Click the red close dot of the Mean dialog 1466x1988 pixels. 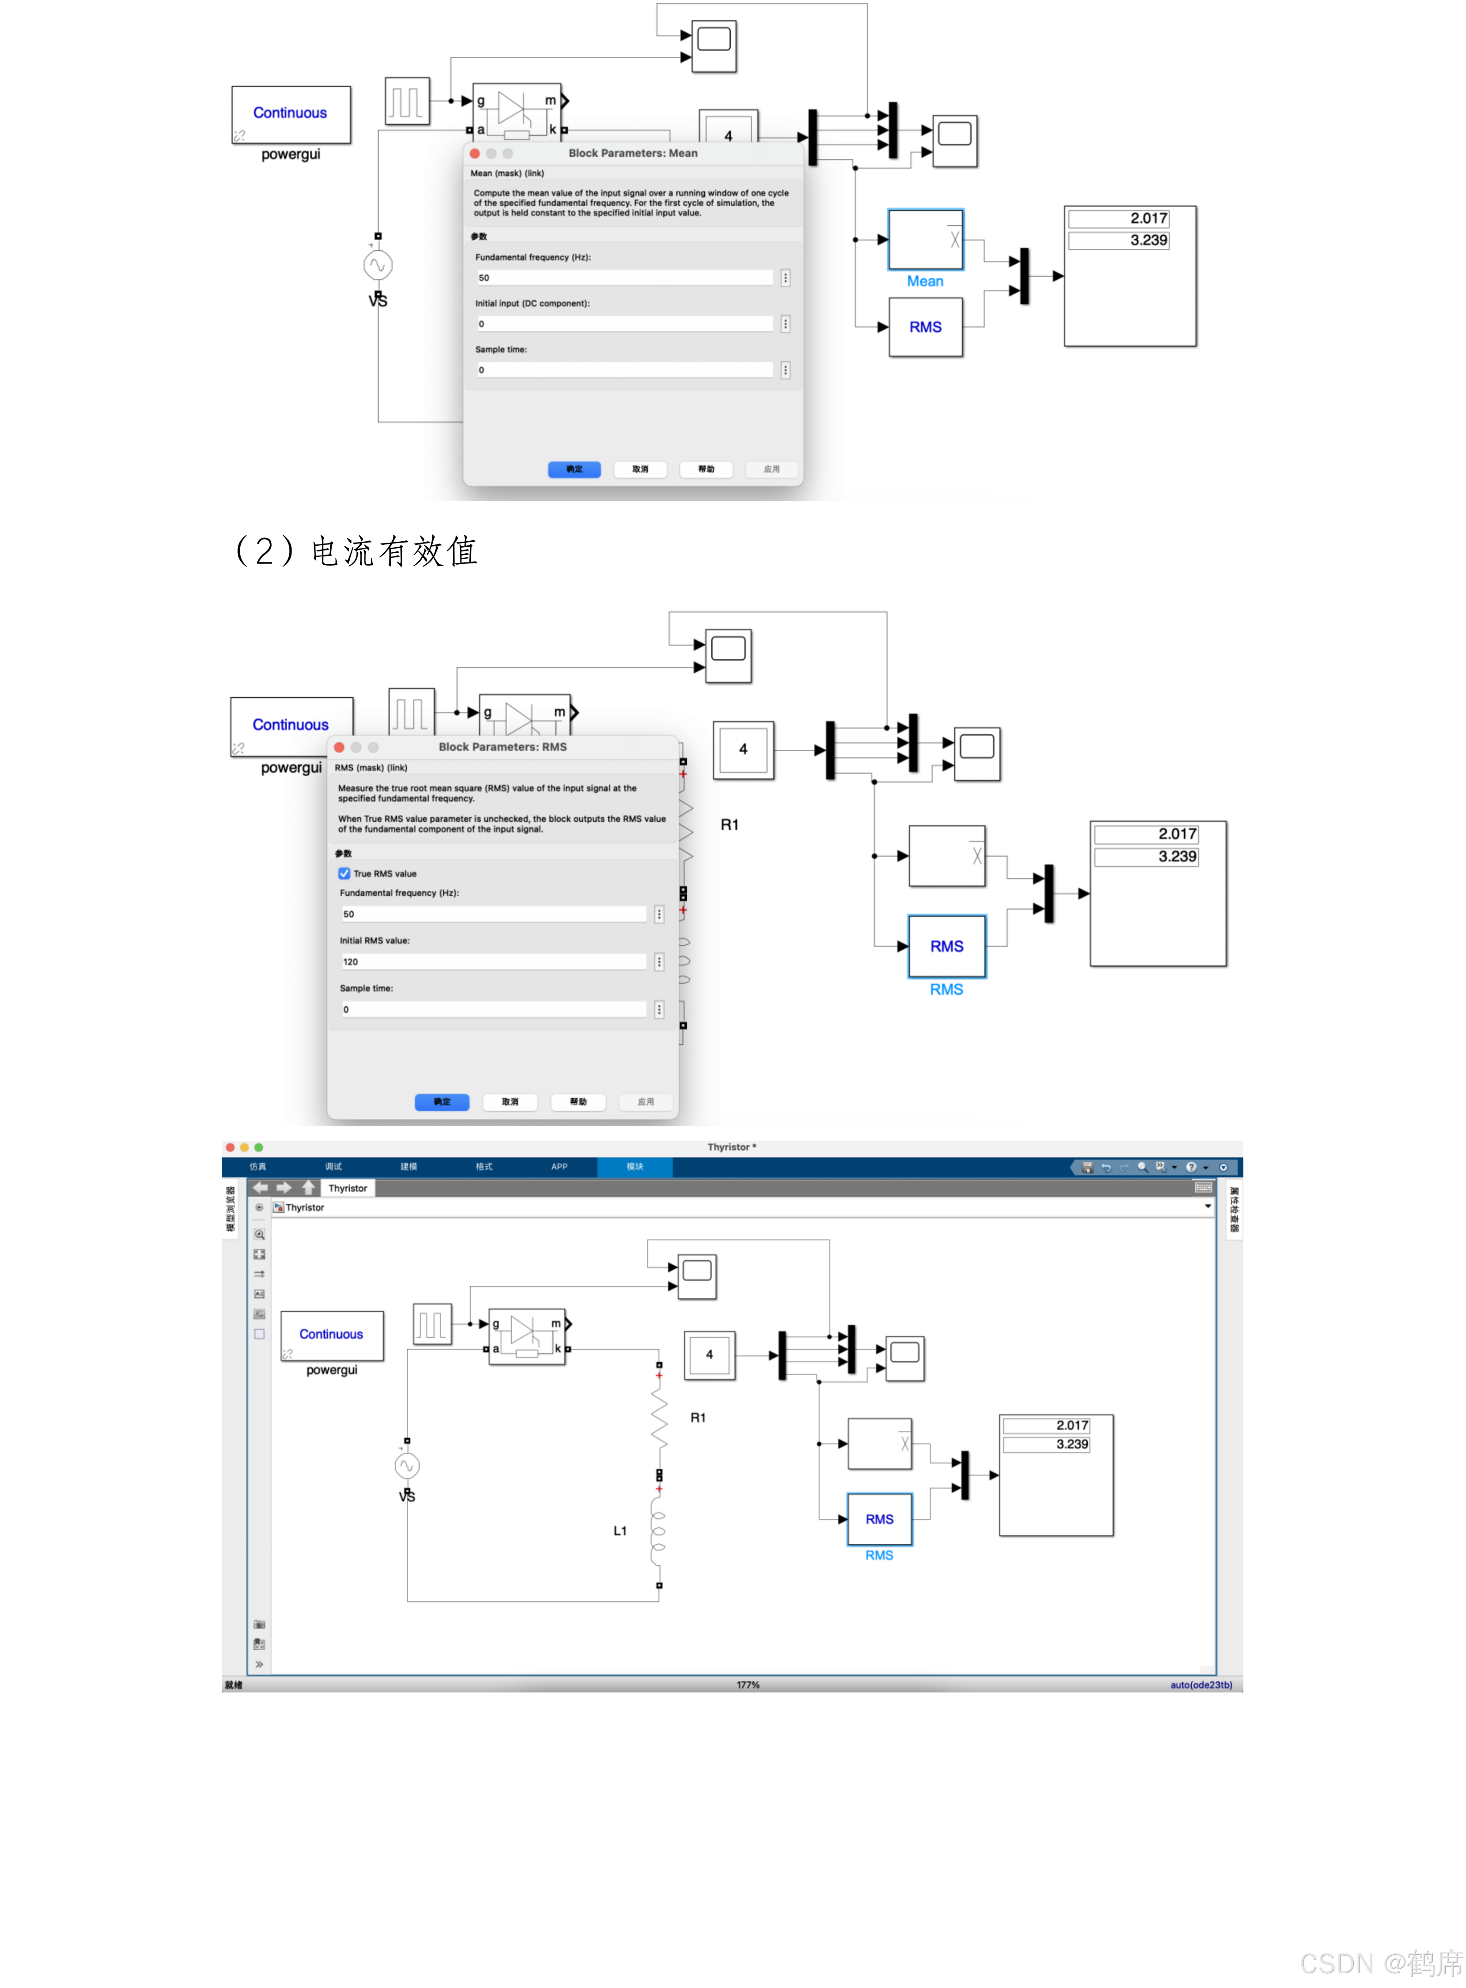475,153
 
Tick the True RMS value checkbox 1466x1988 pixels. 344,874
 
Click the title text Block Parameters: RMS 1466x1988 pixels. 502,747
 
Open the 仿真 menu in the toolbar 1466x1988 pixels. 257,1166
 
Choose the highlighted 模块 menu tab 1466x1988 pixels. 635,1166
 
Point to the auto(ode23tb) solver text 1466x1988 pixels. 1200,1685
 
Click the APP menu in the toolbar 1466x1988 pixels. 559,1166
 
